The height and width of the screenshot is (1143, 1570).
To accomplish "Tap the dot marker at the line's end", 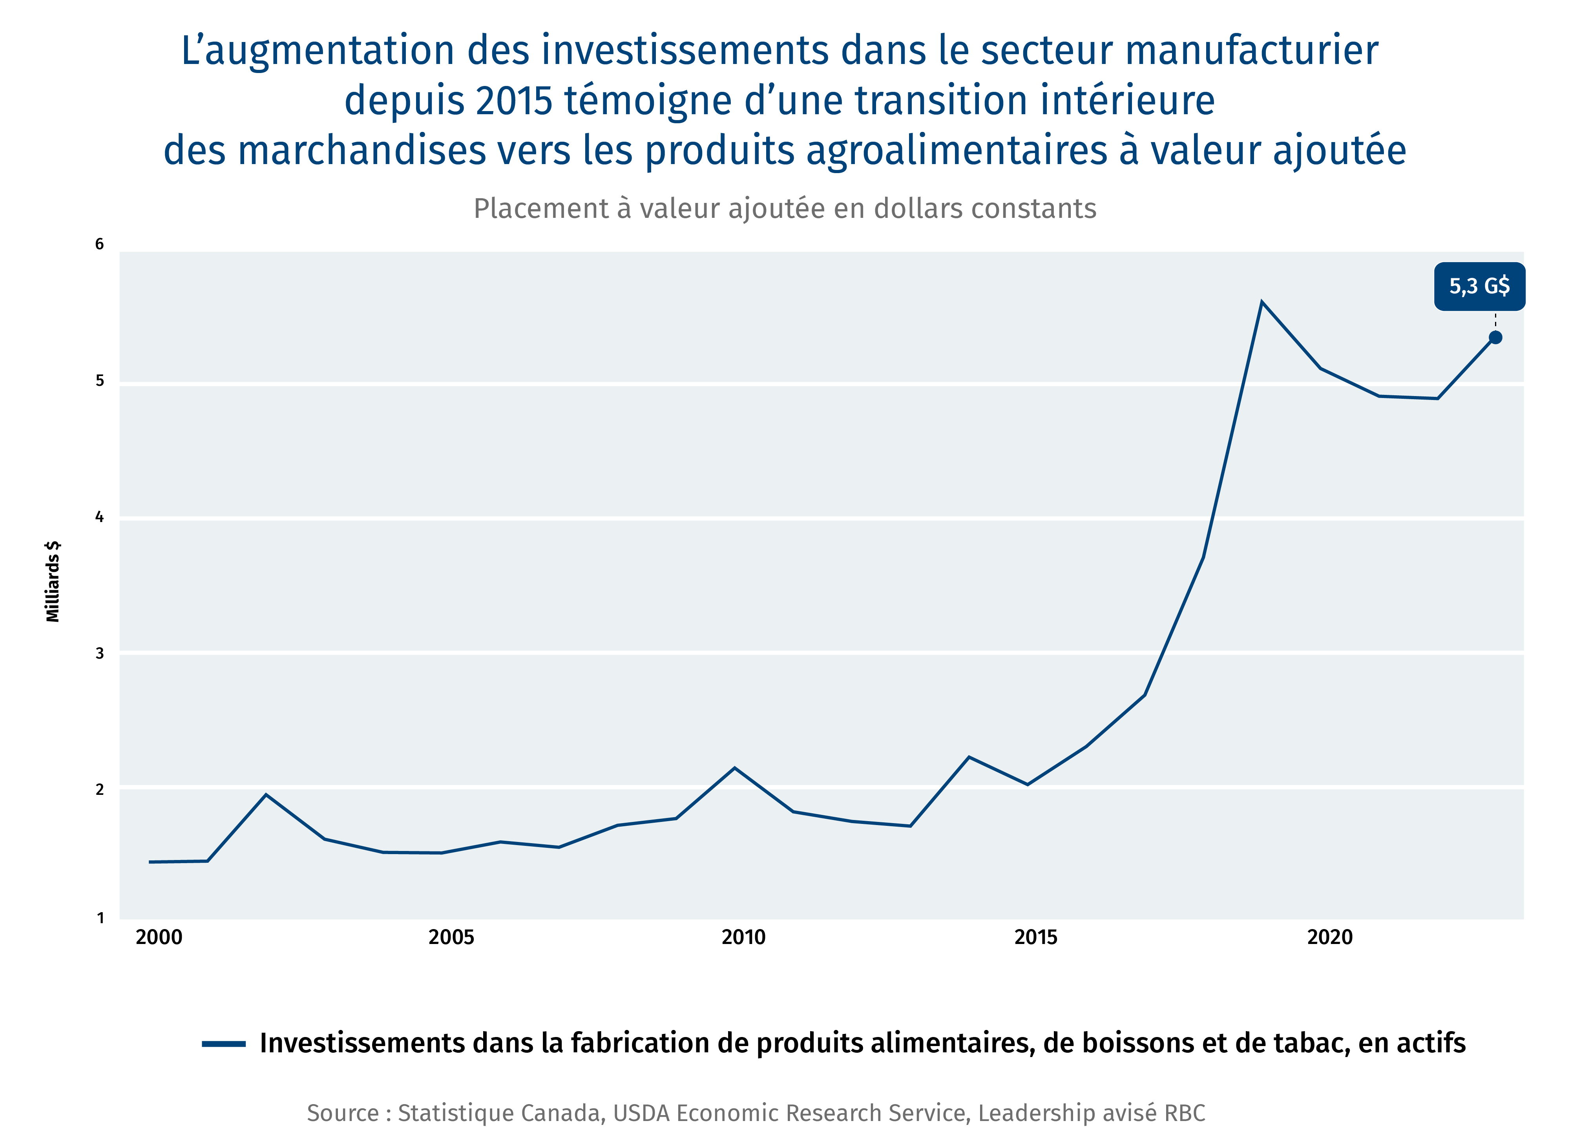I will click(1495, 338).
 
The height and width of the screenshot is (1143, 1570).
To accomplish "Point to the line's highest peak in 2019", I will click(1262, 303).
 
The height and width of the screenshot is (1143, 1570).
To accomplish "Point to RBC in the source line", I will click(1185, 1113).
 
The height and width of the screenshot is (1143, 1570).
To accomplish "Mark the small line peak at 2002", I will click(266, 795).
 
